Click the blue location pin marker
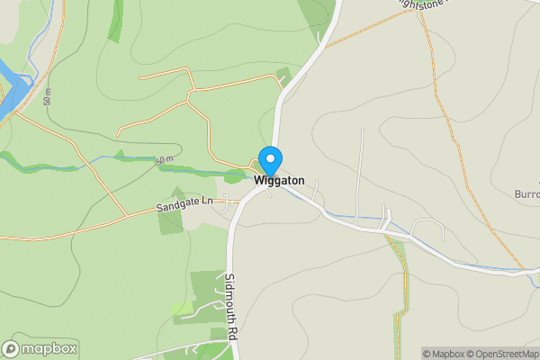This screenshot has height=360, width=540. (x=270, y=160)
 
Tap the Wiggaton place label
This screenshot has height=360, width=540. (x=279, y=181)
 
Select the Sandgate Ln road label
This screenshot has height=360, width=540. (x=184, y=205)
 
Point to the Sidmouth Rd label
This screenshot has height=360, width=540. (x=231, y=307)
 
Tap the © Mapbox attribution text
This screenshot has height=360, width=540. (x=448, y=354)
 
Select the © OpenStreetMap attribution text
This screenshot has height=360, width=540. (x=508, y=354)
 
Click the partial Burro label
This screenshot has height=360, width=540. (x=526, y=193)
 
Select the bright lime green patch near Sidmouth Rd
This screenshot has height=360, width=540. (x=183, y=309)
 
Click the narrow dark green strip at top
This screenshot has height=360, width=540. (x=115, y=20)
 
